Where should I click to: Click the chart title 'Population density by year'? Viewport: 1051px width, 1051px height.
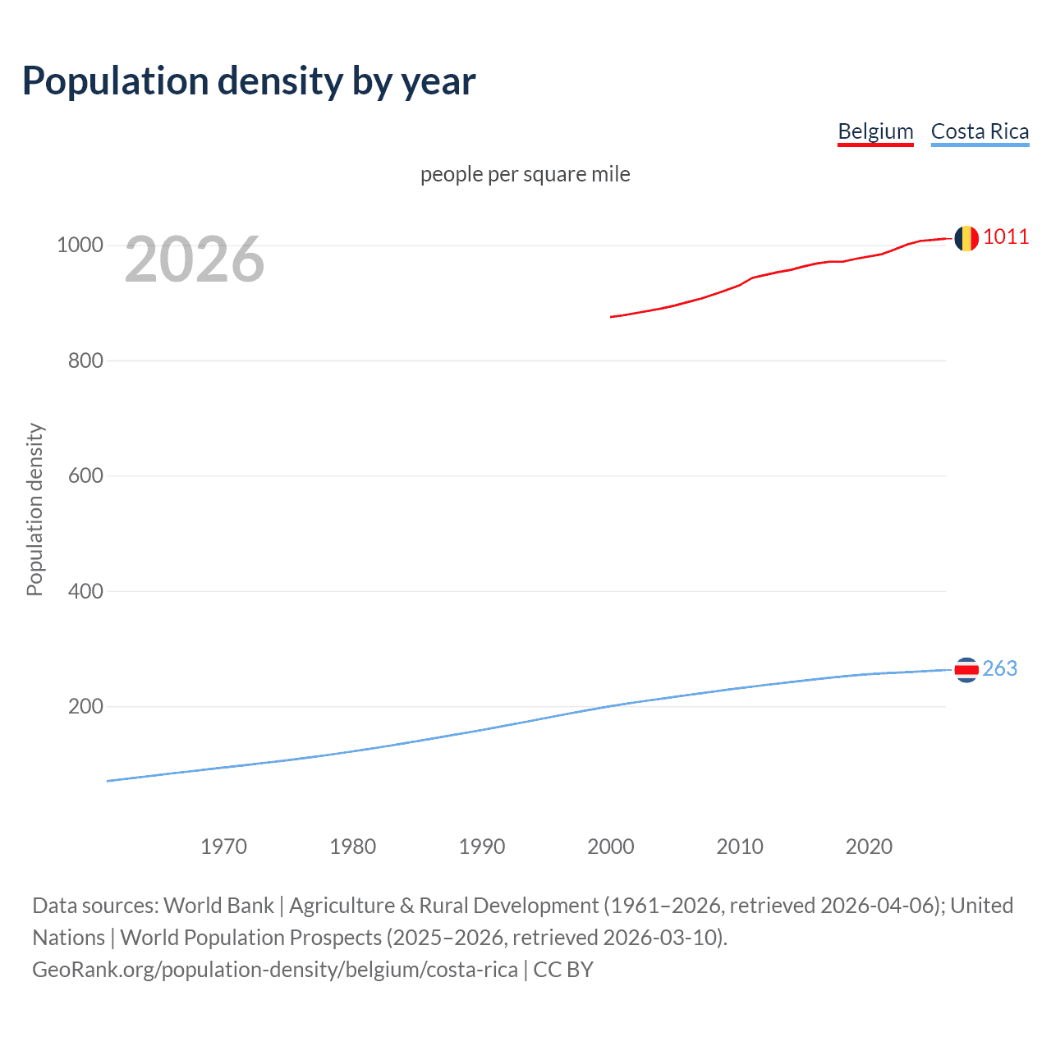pyautogui.click(x=249, y=80)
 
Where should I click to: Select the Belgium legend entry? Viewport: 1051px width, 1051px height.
pyautogui.click(x=875, y=131)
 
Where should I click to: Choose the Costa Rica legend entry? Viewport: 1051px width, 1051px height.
pyautogui.click(x=980, y=131)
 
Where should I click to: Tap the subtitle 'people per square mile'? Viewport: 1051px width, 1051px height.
pyautogui.click(x=525, y=174)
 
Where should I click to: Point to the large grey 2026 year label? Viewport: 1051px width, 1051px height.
pyautogui.click(x=195, y=259)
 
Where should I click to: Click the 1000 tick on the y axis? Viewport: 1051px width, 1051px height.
pyautogui.click(x=80, y=246)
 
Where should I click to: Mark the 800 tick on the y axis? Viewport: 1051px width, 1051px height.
pyautogui.click(x=85, y=360)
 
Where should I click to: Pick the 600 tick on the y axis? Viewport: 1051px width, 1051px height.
pyautogui.click(x=85, y=476)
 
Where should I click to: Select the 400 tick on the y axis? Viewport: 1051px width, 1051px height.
pyautogui.click(x=85, y=591)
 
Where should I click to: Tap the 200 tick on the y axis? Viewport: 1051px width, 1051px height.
pyautogui.click(x=85, y=706)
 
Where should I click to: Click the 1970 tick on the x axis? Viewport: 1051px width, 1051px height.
pyautogui.click(x=223, y=847)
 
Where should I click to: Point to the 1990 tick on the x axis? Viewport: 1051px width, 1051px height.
pyautogui.click(x=482, y=847)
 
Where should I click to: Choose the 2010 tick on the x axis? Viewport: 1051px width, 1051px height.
pyautogui.click(x=740, y=847)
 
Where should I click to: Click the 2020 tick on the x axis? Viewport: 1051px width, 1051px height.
pyautogui.click(x=869, y=847)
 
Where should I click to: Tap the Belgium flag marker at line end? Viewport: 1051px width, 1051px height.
pyautogui.click(x=966, y=238)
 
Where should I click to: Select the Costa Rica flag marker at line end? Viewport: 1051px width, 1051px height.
pyautogui.click(x=966, y=670)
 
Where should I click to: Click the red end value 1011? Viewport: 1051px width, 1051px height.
pyautogui.click(x=1006, y=237)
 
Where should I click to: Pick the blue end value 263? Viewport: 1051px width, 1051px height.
pyautogui.click(x=999, y=669)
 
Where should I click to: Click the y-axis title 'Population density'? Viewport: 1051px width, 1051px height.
pyautogui.click(x=34, y=509)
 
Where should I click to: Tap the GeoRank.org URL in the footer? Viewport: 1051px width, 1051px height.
pyautogui.click(x=275, y=970)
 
